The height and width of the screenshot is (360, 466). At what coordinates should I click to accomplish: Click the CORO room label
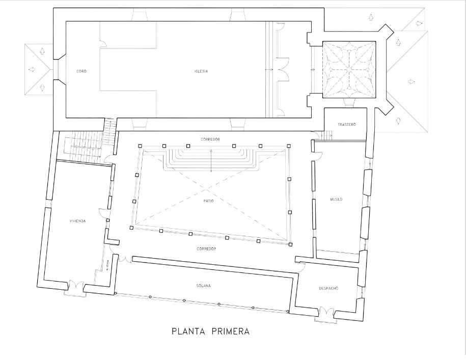(x=81, y=71)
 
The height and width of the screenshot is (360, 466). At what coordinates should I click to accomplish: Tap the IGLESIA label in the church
(x=201, y=71)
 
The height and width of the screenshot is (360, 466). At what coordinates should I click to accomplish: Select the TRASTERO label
(x=346, y=125)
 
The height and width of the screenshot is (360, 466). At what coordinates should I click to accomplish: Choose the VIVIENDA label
(x=77, y=221)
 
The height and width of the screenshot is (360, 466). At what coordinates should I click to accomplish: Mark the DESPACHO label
(x=328, y=288)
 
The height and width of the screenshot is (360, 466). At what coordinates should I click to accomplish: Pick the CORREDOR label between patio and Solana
(x=206, y=248)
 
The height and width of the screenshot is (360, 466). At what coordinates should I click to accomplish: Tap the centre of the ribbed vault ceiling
(x=349, y=70)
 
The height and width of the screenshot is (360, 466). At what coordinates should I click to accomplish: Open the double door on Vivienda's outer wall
(x=74, y=288)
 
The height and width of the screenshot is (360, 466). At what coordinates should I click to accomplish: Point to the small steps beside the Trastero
(x=327, y=135)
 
